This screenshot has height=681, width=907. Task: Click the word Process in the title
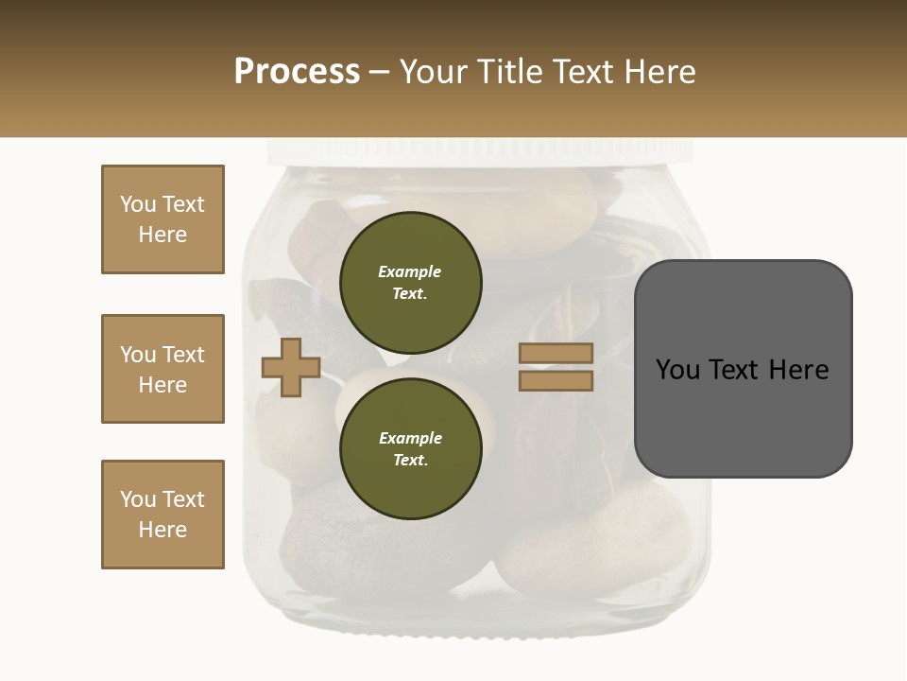click(297, 72)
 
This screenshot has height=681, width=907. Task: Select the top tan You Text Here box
click(163, 219)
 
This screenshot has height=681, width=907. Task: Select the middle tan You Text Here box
click(163, 369)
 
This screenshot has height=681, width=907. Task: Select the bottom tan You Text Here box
click(163, 515)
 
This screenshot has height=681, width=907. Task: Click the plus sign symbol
click(291, 367)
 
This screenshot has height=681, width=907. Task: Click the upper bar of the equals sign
click(556, 353)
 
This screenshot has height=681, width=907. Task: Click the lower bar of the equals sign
click(556, 380)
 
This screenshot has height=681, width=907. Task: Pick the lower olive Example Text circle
click(411, 448)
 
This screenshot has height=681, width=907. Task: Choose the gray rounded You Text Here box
click(743, 368)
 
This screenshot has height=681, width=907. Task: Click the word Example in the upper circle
click(410, 271)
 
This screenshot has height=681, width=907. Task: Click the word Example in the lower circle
click(410, 438)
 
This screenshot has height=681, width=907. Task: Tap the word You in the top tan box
click(138, 204)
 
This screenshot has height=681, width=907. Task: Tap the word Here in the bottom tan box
click(163, 530)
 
